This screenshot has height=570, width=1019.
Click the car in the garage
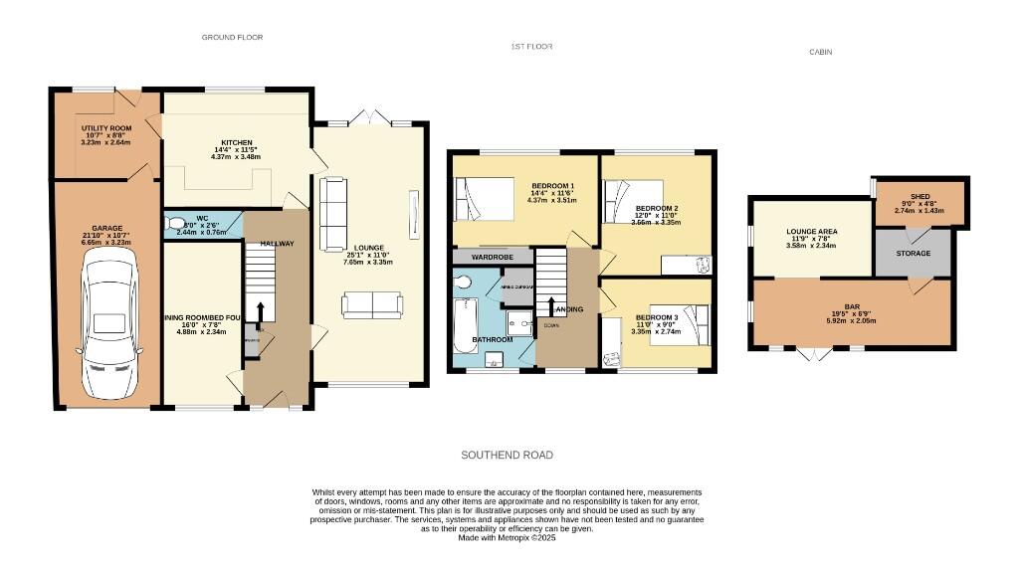(110, 322)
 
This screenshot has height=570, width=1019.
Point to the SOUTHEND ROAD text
(507, 455)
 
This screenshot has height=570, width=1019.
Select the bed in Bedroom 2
(633, 199)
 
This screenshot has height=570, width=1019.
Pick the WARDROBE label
(491, 257)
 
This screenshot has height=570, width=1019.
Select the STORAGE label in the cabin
(913, 254)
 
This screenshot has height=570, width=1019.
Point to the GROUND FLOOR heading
(232, 37)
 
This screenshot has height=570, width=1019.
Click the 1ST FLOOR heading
(531, 47)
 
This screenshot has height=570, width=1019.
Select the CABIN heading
(820, 52)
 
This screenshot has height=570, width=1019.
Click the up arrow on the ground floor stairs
(260, 312)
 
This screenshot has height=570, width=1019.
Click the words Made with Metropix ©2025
(507, 537)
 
